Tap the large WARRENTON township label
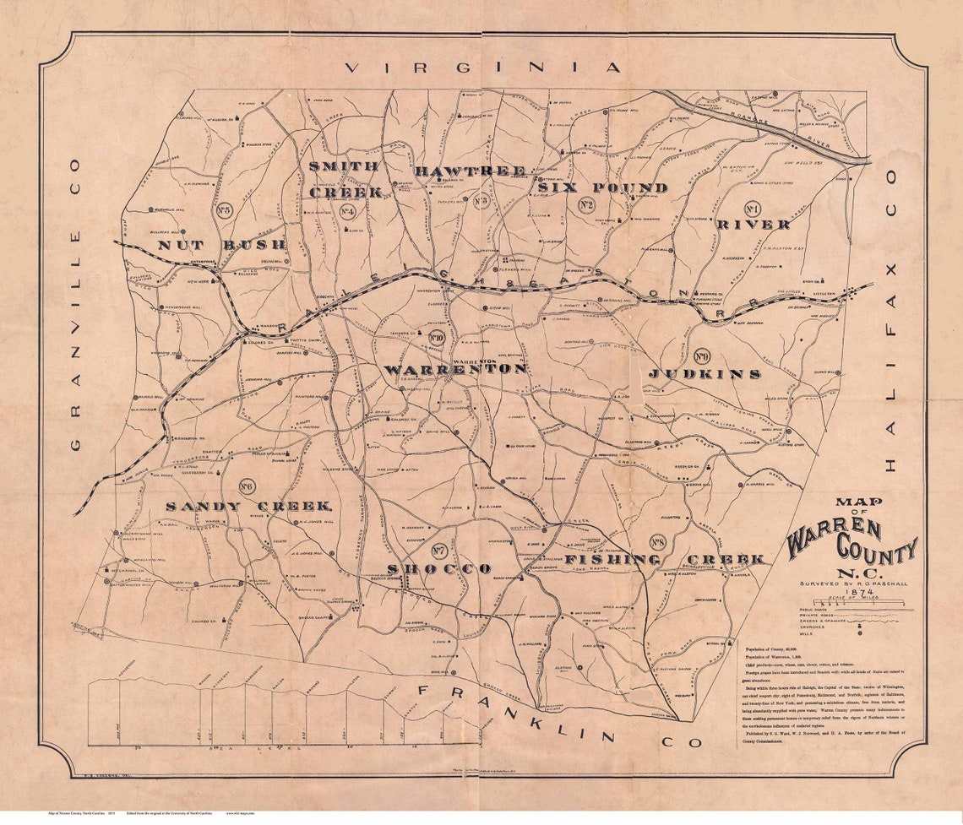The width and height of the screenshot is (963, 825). click(456, 370)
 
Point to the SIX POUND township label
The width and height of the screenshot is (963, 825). click(603, 187)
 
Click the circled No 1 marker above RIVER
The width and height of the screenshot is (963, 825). click(753, 208)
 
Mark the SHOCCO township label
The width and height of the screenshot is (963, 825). click(439, 569)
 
